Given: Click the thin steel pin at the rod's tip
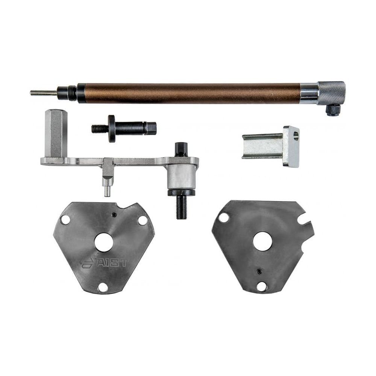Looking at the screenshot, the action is click(x=44, y=92).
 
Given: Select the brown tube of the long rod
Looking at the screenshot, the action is click(x=189, y=94).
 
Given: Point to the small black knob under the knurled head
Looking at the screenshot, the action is click(x=333, y=110).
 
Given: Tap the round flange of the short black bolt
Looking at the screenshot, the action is click(x=112, y=129).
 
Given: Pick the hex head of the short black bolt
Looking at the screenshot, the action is click(x=152, y=128).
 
